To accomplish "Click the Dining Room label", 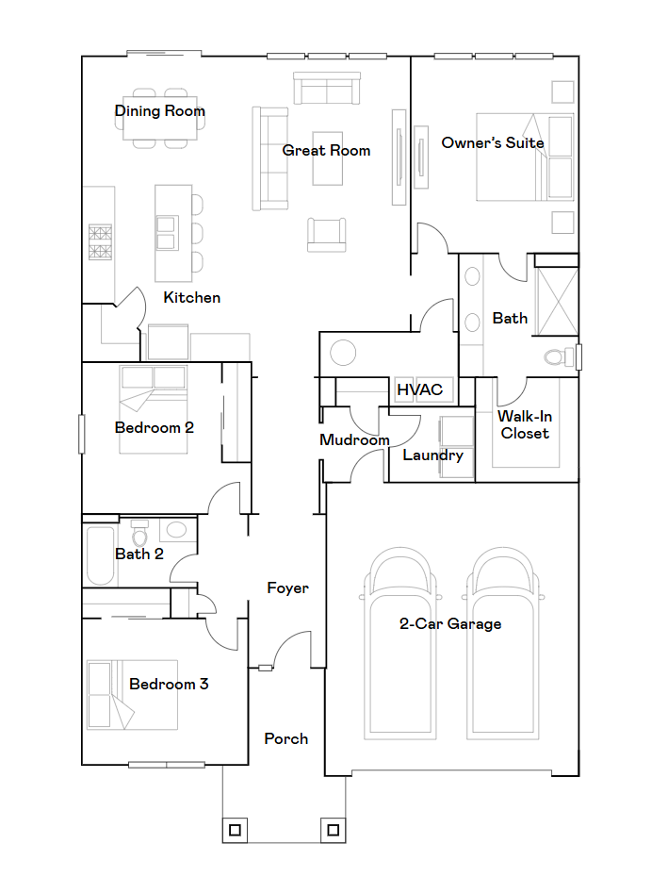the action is [x=160, y=110].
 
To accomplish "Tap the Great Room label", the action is [x=326, y=150].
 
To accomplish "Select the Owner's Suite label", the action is [x=493, y=142].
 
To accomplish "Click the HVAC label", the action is [x=420, y=389].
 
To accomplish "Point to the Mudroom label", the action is [x=354, y=439].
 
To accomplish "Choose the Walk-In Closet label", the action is [x=525, y=424].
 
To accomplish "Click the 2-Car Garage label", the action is [x=450, y=623].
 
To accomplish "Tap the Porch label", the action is [x=286, y=738].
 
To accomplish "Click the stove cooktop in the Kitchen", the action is [x=100, y=241].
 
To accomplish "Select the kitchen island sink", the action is [x=167, y=233].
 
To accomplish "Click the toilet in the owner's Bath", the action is [x=559, y=356].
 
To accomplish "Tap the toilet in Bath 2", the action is [x=139, y=533].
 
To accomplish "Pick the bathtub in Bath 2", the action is [x=101, y=555].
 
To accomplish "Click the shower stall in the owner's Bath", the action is [x=556, y=302].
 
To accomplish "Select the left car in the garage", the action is [x=399, y=643].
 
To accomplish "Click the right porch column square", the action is [x=334, y=830].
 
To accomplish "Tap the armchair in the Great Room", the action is [x=326, y=235].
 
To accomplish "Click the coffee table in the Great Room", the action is [x=328, y=158].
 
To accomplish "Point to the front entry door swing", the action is [x=291, y=650].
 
